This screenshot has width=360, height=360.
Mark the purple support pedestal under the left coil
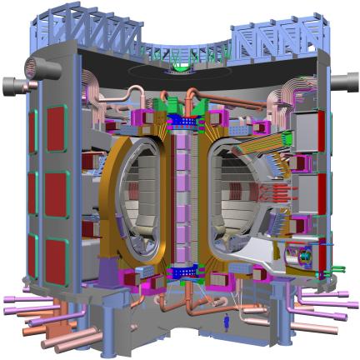pos(111,267)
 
